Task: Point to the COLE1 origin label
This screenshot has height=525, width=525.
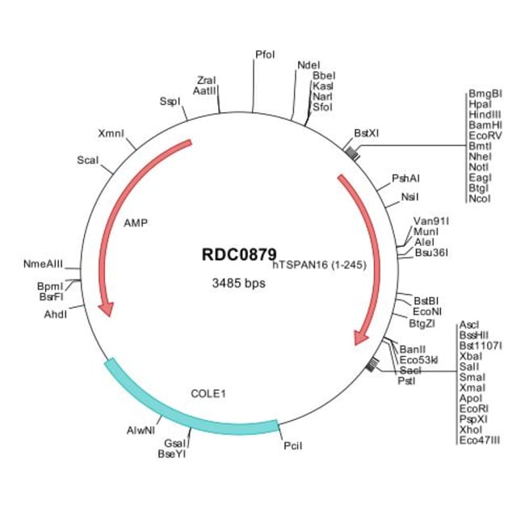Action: pyautogui.click(x=208, y=393)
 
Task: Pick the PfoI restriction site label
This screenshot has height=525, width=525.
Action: pyautogui.click(x=265, y=55)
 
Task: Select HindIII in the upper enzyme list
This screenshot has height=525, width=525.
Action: pyautogui.click(x=485, y=115)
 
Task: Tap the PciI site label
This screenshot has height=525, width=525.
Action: pyautogui.click(x=293, y=445)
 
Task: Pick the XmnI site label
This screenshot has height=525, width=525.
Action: pyautogui.click(x=111, y=132)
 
